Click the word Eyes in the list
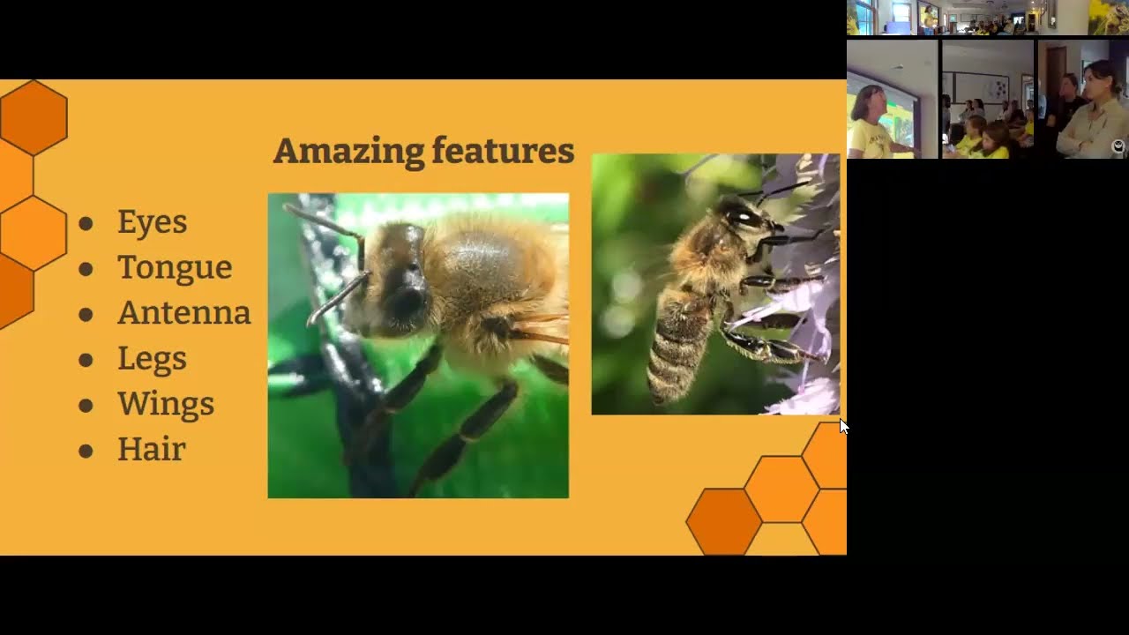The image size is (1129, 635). pos(153,222)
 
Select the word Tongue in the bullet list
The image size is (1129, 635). pos(175,267)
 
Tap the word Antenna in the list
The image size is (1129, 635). pos(184,312)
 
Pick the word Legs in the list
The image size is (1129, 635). pos(153,359)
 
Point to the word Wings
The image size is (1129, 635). pos(166,405)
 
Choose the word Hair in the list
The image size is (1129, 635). pos(152,449)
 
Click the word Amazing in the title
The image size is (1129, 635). pos(348,151)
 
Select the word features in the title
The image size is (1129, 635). pos(503,150)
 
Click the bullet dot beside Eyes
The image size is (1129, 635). pos(86,224)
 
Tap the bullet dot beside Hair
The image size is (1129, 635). pos(86,451)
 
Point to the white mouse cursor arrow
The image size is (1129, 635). pos(844,426)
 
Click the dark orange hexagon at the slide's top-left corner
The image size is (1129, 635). pos(34,117)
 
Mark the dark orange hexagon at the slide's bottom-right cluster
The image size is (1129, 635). pos(724,521)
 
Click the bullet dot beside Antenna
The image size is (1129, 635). pos(86,315)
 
